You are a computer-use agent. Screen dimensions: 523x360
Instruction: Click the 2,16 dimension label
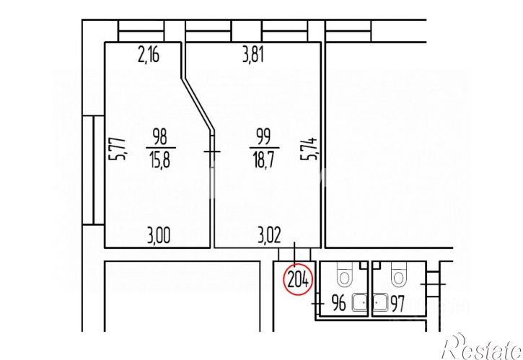point(149,55)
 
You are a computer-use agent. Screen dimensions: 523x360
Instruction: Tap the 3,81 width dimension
point(253,55)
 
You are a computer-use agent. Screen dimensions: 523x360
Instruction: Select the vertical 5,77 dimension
point(118,149)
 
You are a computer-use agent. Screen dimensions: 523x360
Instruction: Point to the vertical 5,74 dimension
point(309,149)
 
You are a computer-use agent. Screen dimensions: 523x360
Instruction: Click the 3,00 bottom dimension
point(159,235)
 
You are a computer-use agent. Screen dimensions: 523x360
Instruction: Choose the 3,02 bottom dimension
point(269,235)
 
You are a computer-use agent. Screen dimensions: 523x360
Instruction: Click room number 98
point(159,137)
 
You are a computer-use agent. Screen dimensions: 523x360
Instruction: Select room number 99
point(263,137)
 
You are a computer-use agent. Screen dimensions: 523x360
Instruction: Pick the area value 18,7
point(263,159)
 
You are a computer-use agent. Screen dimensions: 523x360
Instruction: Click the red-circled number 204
point(298,280)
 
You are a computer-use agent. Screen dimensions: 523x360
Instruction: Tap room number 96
point(339,304)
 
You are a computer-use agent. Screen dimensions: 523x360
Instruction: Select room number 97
point(397,304)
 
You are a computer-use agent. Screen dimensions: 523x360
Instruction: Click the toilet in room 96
point(343,274)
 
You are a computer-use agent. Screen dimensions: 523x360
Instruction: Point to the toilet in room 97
point(398,274)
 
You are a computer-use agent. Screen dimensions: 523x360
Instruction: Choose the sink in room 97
point(380,302)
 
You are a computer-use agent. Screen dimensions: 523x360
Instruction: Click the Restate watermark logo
point(483,347)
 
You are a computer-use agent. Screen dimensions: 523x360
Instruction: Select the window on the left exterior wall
point(93,170)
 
